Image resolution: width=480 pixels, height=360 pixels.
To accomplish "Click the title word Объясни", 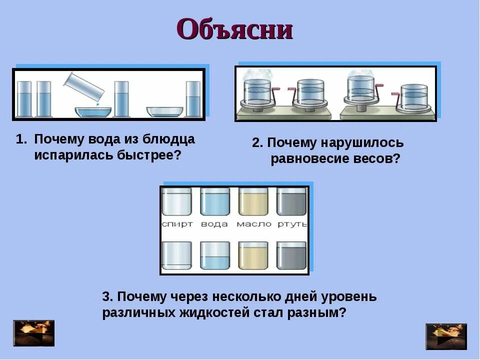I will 234,29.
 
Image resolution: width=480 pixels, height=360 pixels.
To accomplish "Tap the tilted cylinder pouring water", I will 84,85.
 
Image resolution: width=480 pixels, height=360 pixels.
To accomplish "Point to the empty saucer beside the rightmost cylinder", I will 165,111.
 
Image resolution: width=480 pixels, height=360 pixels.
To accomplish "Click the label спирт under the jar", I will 177,224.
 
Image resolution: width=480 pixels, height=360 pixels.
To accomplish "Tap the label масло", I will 254,224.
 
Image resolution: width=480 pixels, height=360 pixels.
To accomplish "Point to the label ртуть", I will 292,224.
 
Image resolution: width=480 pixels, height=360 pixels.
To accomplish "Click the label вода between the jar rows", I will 214,224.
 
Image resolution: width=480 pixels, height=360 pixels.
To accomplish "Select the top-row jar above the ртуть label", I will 291,201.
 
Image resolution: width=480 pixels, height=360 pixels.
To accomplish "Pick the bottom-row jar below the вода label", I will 215,255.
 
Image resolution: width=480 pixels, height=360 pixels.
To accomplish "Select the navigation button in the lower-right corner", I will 446,336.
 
